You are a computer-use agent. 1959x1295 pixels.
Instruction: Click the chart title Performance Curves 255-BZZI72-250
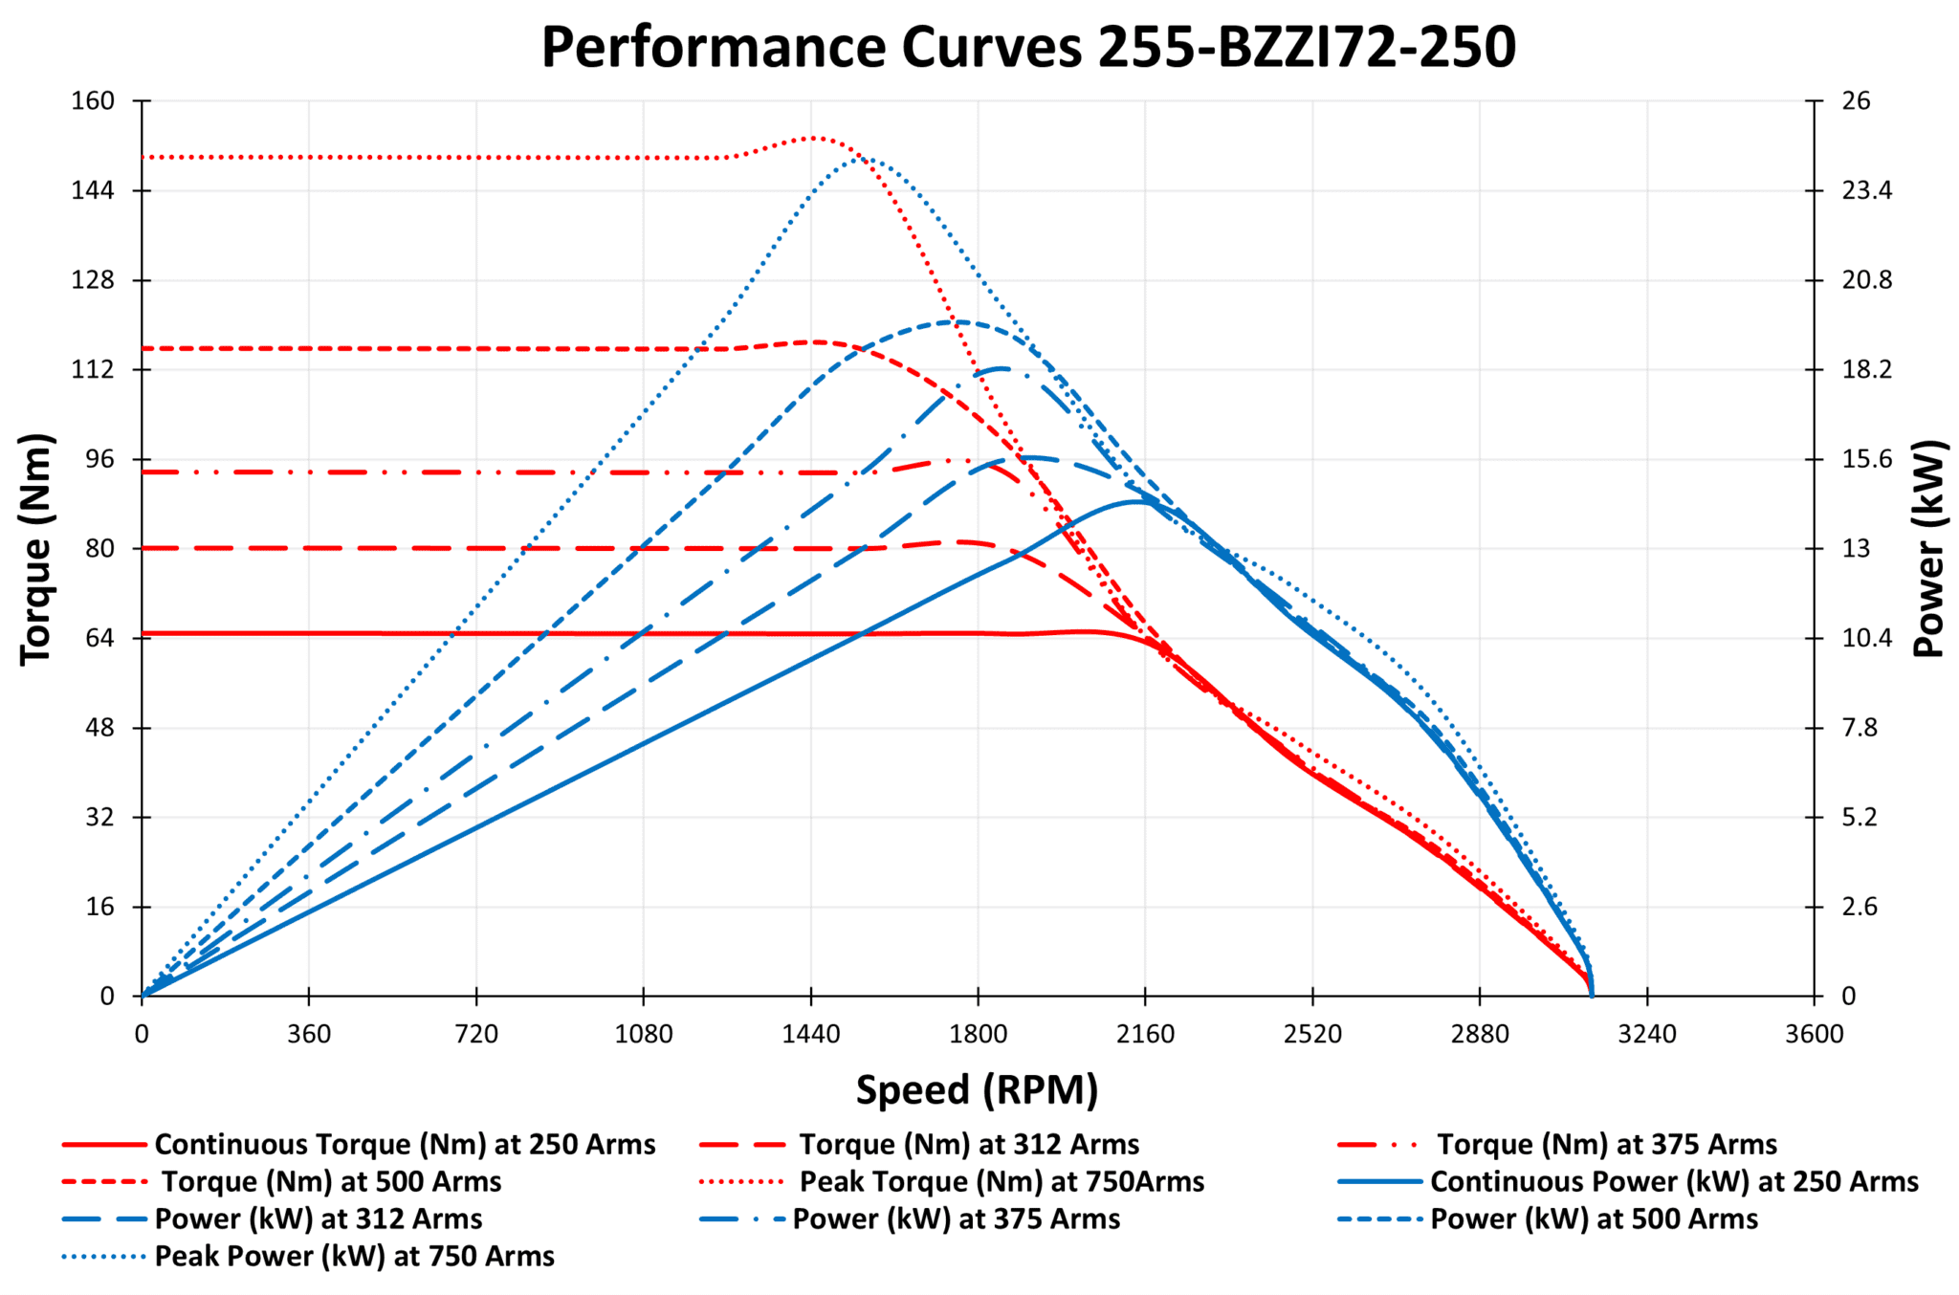(1028, 48)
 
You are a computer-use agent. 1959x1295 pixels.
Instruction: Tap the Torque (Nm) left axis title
(36, 548)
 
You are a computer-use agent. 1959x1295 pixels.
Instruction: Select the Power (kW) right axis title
(1929, 548)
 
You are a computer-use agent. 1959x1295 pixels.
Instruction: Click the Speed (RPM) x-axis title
(977, 1090)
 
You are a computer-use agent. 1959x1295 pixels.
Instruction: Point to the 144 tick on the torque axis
(93, 190)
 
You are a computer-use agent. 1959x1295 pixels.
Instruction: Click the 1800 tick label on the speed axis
(978, 1034)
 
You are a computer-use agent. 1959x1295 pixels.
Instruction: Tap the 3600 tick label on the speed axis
(1814, 1034)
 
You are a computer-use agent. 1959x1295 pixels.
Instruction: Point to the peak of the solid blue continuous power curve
(1135, 501)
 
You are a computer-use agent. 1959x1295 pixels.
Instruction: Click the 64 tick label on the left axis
(99, 638)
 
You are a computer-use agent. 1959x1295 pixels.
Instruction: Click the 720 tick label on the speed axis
(476, 1034)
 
